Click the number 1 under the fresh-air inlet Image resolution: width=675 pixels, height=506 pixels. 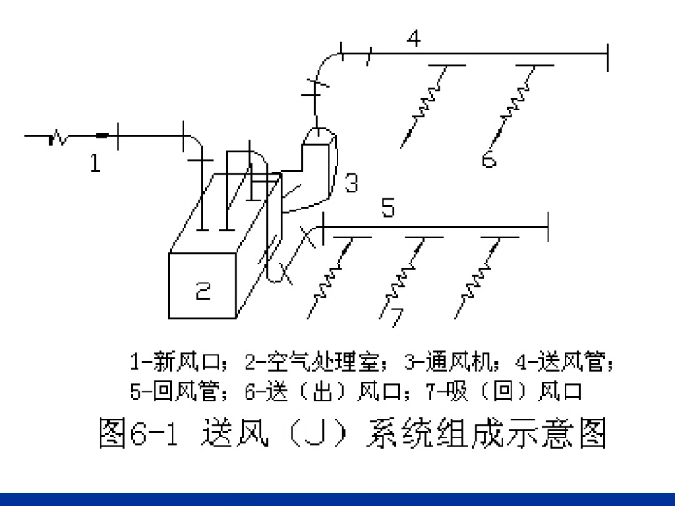click(96, 163)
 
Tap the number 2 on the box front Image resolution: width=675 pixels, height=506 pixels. click(203, 290)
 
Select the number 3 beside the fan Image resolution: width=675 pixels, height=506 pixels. click(351, 183)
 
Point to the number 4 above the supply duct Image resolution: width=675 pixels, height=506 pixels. click(413, 39)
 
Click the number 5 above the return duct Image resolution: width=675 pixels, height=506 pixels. click(388, 209)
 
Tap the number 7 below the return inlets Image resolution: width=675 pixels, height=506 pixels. click(394, 316)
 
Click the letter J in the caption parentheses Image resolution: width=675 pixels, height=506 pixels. click(307, 434)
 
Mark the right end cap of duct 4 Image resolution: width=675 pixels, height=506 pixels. click(607, 57)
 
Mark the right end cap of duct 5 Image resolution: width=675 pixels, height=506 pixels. click(548, 227)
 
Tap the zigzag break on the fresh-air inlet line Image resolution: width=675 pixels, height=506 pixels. click(58, 138)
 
